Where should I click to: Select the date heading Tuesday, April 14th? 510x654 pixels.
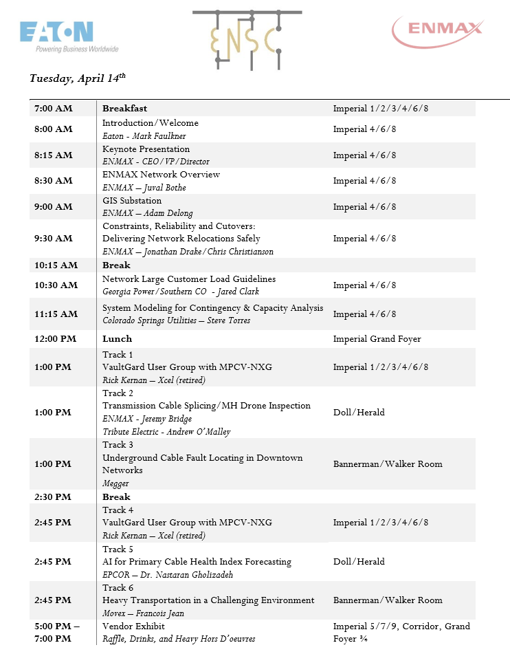tap(78, 78)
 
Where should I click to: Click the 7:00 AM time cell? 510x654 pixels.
tap(54, 109)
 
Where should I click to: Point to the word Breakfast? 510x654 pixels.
tap(125, 109)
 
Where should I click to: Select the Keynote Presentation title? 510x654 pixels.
tap(146, 149)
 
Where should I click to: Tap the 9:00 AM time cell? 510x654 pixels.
tap(54, 207)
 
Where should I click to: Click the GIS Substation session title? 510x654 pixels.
tap(132, 201)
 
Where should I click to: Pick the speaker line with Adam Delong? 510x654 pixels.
tap(147, 213)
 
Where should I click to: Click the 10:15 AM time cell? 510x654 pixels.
tap(56, 265)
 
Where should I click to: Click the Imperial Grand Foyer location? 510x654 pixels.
tap(377, 339)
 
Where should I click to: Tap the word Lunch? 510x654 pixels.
tap(117, 339)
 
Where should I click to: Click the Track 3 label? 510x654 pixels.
tap(118, 445)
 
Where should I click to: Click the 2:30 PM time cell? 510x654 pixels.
tap(54, 497)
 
